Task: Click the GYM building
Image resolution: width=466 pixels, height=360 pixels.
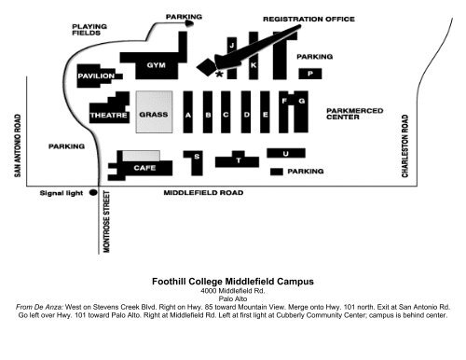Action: [155, 65]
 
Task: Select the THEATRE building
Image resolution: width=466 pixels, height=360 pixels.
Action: [109, 115]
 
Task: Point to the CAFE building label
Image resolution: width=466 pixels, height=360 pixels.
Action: [145, 168]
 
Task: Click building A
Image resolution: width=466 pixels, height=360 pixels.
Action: [189, 115]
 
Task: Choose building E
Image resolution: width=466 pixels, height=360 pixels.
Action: [266, 115]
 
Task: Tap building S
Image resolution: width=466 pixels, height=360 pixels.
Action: [197, 158]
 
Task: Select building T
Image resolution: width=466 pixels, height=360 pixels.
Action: [238, 160]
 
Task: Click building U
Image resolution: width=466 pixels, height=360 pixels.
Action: [285, 153]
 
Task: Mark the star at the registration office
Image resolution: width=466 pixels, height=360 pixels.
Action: [219, 75]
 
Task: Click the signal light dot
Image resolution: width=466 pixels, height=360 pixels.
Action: [93, 194]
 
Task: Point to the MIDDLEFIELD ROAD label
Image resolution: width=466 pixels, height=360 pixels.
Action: [203, 194]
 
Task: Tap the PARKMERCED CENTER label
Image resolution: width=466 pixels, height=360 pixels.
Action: [355, 114]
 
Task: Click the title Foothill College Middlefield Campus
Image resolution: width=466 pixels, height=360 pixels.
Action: [233, 280]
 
